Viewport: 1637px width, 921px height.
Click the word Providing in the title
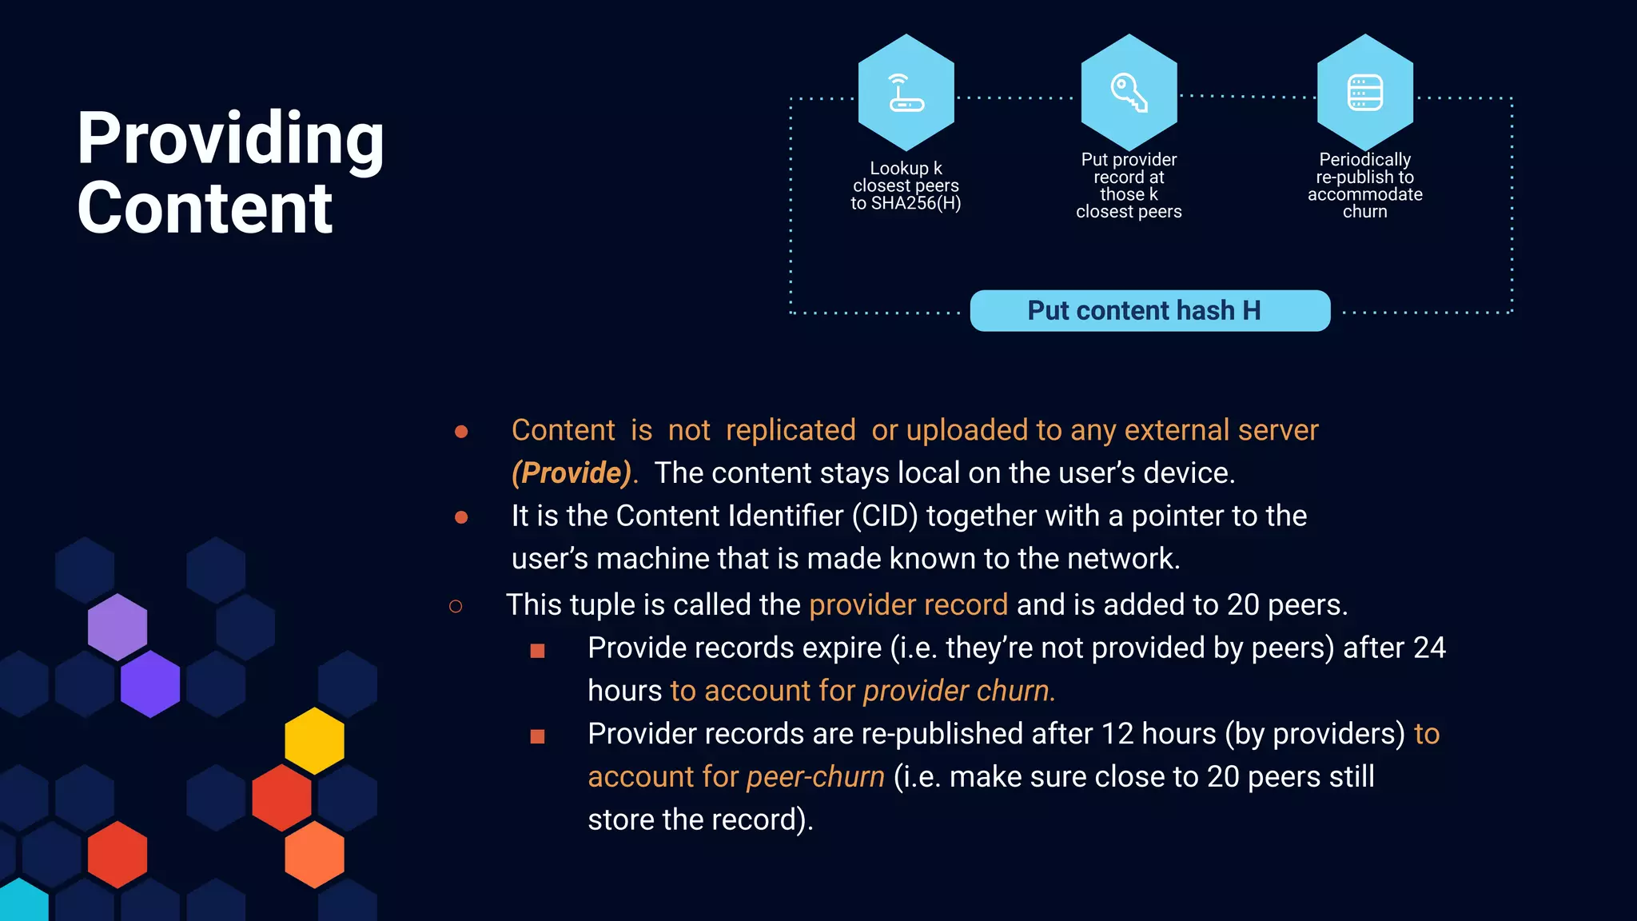click(x=230, y=139)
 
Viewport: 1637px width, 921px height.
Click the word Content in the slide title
click(x=205, y=208)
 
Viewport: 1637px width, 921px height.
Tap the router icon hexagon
click(x=906, y=92)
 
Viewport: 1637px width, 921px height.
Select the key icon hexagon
click(x=1129, y=92)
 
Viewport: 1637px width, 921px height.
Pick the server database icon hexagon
click(x=1364, y=92)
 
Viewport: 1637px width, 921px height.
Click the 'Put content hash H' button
click(x=1149, y=310)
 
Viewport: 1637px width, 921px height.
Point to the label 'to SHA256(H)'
click(x=906, y=203)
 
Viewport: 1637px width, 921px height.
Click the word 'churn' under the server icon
click(x=1364, y=212)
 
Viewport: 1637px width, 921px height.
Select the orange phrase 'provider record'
click(x=908, y=604)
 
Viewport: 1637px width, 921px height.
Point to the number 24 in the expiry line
click(x=1429, y=648)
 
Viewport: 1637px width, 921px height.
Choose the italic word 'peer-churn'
click(x=815, y=776)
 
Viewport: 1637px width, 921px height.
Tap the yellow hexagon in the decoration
click(x=314, y=740)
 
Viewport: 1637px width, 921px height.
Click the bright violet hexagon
click(x=150, y=684)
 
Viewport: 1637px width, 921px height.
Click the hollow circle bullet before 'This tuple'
click(x=456, y=607)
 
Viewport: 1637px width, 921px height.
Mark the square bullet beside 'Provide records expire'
click(x=537, y=651)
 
